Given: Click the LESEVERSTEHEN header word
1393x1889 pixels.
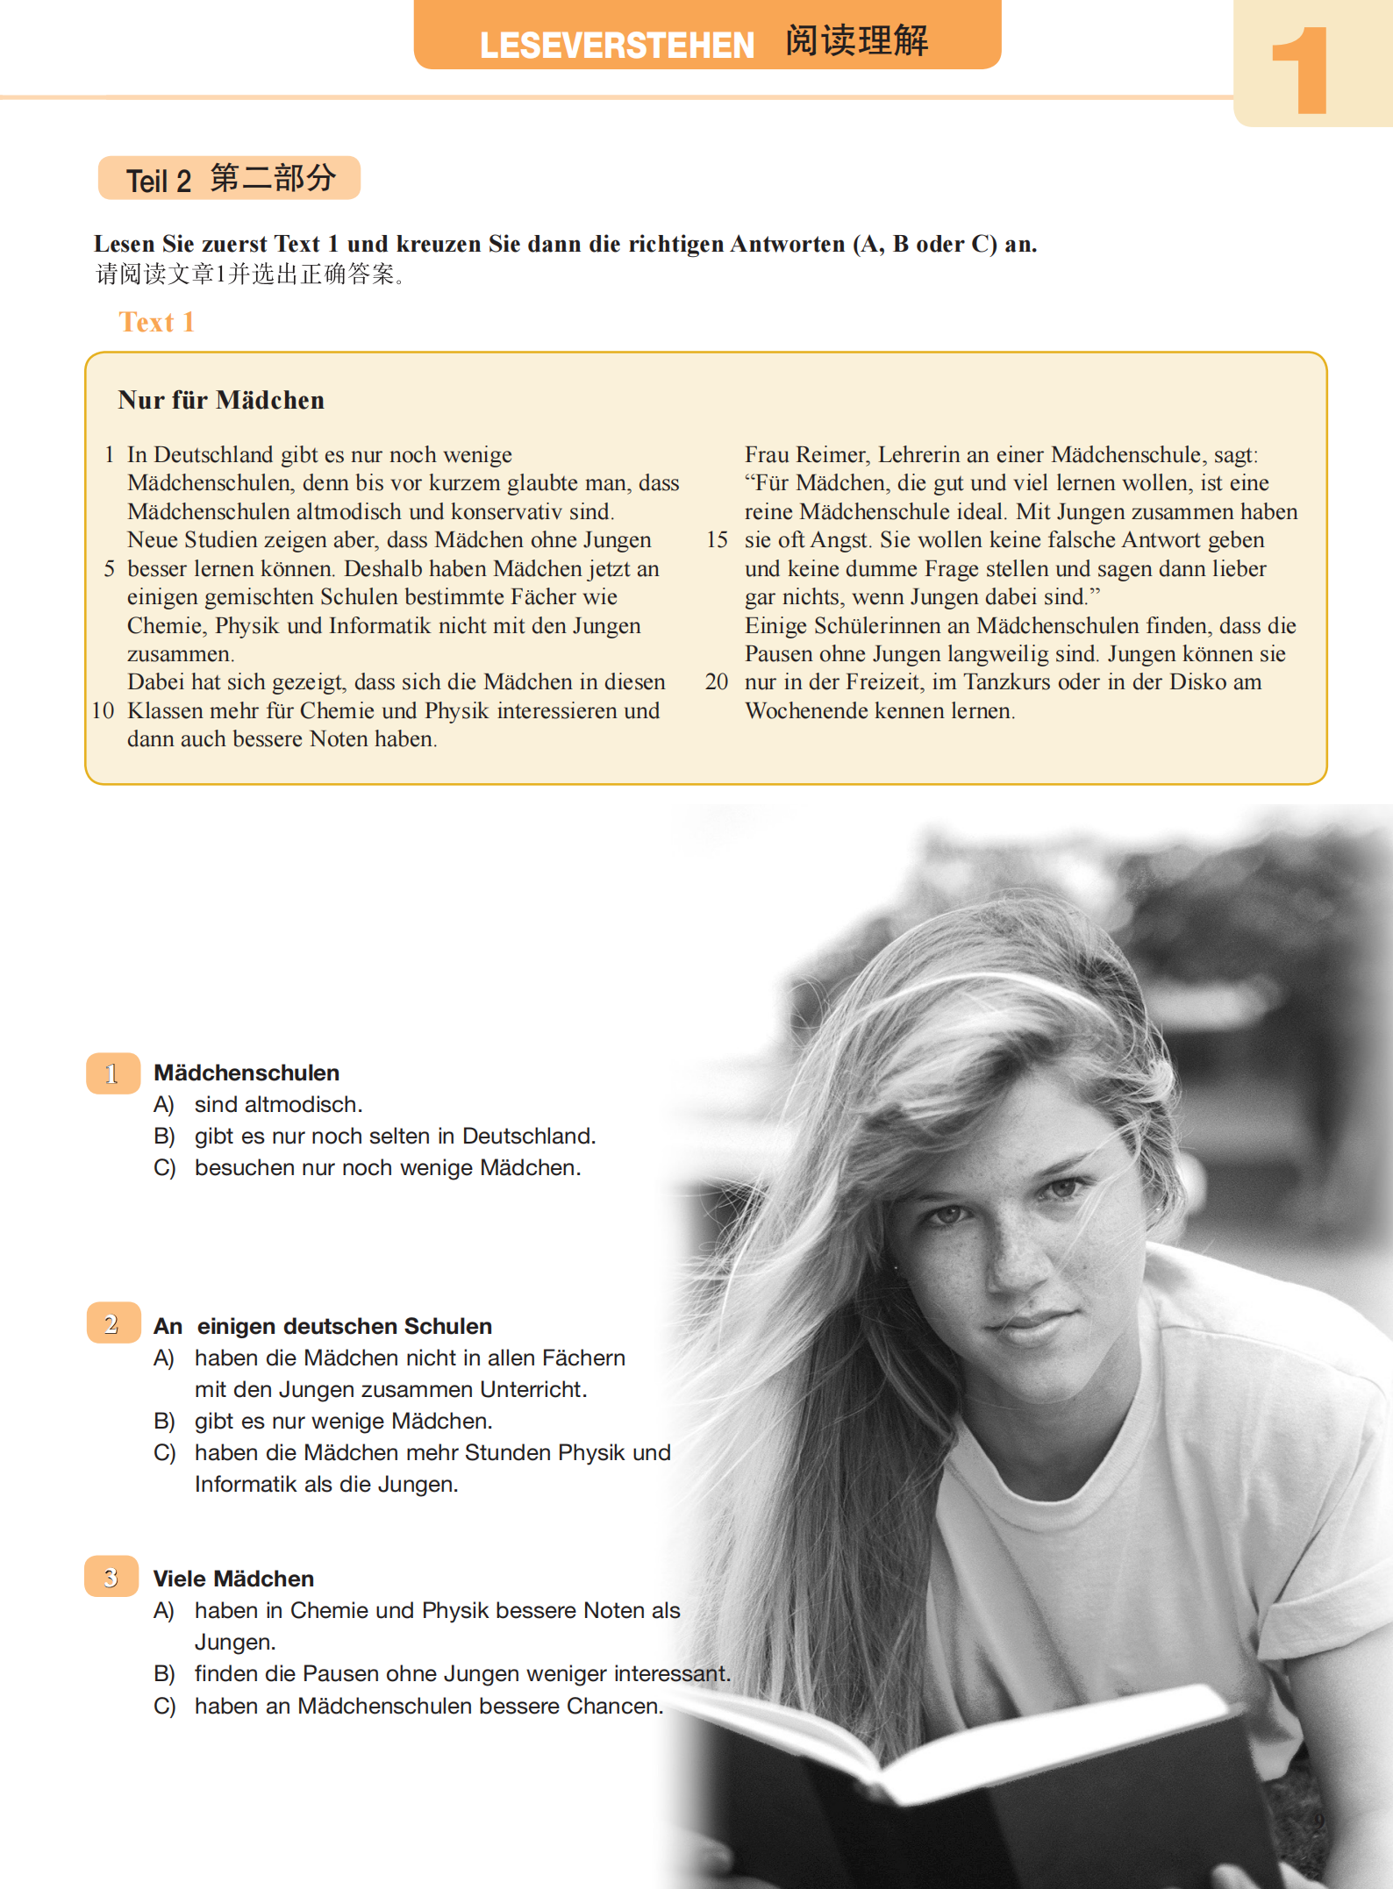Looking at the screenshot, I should pyautogui.click(x=617, y=46).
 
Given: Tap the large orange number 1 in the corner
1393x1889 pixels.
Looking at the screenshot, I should pyautogui.click(x=1302, y=70).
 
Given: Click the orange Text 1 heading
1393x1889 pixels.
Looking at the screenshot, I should pyautogui.click(x=156, y=323).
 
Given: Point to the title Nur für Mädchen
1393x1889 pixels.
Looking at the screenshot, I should pyautogui.click(x=221, y=401).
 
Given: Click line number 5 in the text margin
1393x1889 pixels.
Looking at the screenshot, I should pyautogui.click(x=110, y=569).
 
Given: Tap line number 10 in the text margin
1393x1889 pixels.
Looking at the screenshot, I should pyautogui.click(x=103, y=711).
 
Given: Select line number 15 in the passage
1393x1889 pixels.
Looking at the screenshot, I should pyautogui.click(x=717, y=540).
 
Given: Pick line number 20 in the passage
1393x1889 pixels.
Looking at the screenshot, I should pyautogui.click(x=717, y=682).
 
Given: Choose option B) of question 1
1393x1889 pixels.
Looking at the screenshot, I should pyautogui.click(x=164, y=1137).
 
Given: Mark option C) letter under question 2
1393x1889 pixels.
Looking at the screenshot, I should pyautogui.click(x=164, y=1453).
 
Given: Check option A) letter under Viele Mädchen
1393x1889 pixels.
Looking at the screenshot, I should pyautogui.click(x=164, y=1611).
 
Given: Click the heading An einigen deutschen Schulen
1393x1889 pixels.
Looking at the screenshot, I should pyautogui.click(x=323, y=1326).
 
